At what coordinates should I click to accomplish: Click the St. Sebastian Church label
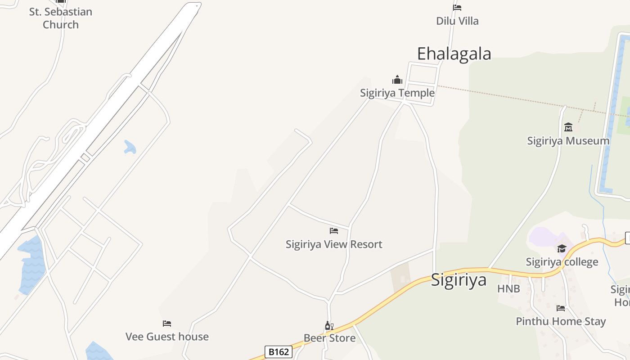pyautogui.click(x=61, y=18)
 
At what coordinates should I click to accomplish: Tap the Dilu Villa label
pyautogui.click(x=457, y=21)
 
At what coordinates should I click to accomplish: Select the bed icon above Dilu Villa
pyautogui.click(x=457, y=7)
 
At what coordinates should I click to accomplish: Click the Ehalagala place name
pyautogui.click(x=454, y=54)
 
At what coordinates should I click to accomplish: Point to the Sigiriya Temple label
pyautogui.click(x=397, y=93)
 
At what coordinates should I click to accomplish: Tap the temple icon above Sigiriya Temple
pyautogui.click(x=397, y=80)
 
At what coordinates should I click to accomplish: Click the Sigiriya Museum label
pyautogui.click(x=568, y=140)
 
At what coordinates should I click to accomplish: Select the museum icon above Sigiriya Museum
pyautogui.click(x=568, y=127)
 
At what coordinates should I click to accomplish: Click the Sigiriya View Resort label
pyautogui.click(x=334, y=244)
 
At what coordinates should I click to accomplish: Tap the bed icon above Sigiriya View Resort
pyautogui.click(x=334, y=231)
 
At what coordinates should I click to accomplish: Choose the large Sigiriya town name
pyautogui.click(x=459, y=279)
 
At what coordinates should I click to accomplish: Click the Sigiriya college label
pyautogui.click(x=562, y=261)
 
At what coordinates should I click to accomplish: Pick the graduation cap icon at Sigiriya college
pyautogui.click(x=562, y=248)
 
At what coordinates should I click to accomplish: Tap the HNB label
pyautogui.click(x=508, y=288)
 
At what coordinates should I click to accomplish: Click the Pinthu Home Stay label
pyautogui.click(x=561, y=321)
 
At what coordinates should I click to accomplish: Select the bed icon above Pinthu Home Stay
pyautogui.click(x=561, y=308)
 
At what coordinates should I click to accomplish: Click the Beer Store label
pyautogui.click(x=329, y=338)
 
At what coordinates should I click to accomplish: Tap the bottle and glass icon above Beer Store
pyautogui.click(x=329, y=325)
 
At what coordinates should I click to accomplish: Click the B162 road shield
pyautogui.click(x=278, y=352)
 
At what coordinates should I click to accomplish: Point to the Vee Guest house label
pyautogui.click(x=167, y=336)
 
